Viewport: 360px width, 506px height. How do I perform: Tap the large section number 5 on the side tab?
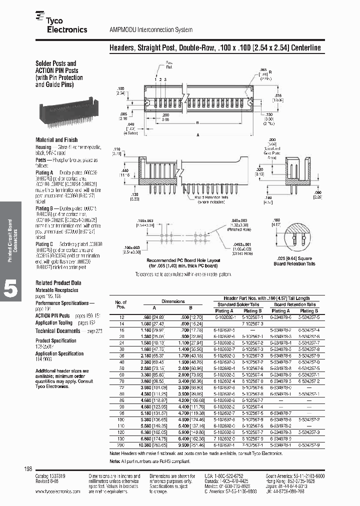[11, 289]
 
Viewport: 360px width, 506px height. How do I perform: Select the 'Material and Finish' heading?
[56, 140]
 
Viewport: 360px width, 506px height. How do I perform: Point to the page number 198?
[28, 468]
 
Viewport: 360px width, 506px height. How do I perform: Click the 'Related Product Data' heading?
[58, 283]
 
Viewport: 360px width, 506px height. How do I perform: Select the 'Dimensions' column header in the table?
[173, 301]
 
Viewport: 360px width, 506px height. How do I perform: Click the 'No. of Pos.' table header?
[121, 304]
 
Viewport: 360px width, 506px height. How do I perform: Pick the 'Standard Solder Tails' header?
[238, 304]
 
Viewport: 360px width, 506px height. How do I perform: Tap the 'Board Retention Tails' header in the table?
[294, 304]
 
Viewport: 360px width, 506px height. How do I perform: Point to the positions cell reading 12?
[121, 317]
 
